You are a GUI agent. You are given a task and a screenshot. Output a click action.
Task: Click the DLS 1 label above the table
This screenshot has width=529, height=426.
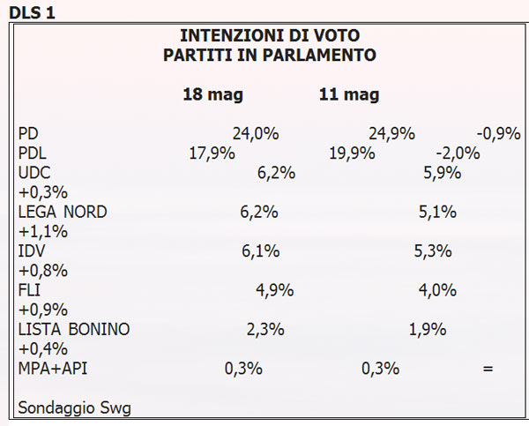tap(30, 11)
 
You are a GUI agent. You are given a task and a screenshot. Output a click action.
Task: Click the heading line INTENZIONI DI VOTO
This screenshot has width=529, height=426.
tap(270, 36)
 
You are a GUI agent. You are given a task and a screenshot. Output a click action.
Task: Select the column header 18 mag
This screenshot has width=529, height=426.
tap(212, 94)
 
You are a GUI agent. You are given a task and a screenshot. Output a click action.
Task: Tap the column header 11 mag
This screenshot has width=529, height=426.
tap(349, 94)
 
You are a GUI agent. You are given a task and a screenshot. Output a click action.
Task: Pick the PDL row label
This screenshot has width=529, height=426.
tap(34, 153)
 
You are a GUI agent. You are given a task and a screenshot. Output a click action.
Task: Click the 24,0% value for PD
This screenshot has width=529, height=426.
tap(256, 134)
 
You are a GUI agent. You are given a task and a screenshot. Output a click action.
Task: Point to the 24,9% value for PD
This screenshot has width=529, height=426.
tap(391, 134)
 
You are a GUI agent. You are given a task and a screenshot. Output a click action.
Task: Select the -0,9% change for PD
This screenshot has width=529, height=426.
tap(499, 134)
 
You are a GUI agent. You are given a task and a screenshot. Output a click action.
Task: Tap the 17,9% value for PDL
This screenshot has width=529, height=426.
tap(212, 153)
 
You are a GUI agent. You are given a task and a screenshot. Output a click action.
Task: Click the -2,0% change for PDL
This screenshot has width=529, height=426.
tap(458, 153)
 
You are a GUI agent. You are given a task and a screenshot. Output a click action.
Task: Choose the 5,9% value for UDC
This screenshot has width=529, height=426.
tap(443, 173)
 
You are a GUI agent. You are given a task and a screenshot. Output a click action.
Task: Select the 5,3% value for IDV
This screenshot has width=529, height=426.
tap(433, 251)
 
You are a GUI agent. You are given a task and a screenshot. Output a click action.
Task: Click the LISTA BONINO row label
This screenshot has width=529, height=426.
tap(73, 329)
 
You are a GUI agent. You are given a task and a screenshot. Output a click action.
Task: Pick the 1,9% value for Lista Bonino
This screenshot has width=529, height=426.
tap(428, 329)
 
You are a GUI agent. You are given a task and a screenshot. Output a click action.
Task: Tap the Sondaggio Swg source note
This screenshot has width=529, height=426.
tap(74, 407)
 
